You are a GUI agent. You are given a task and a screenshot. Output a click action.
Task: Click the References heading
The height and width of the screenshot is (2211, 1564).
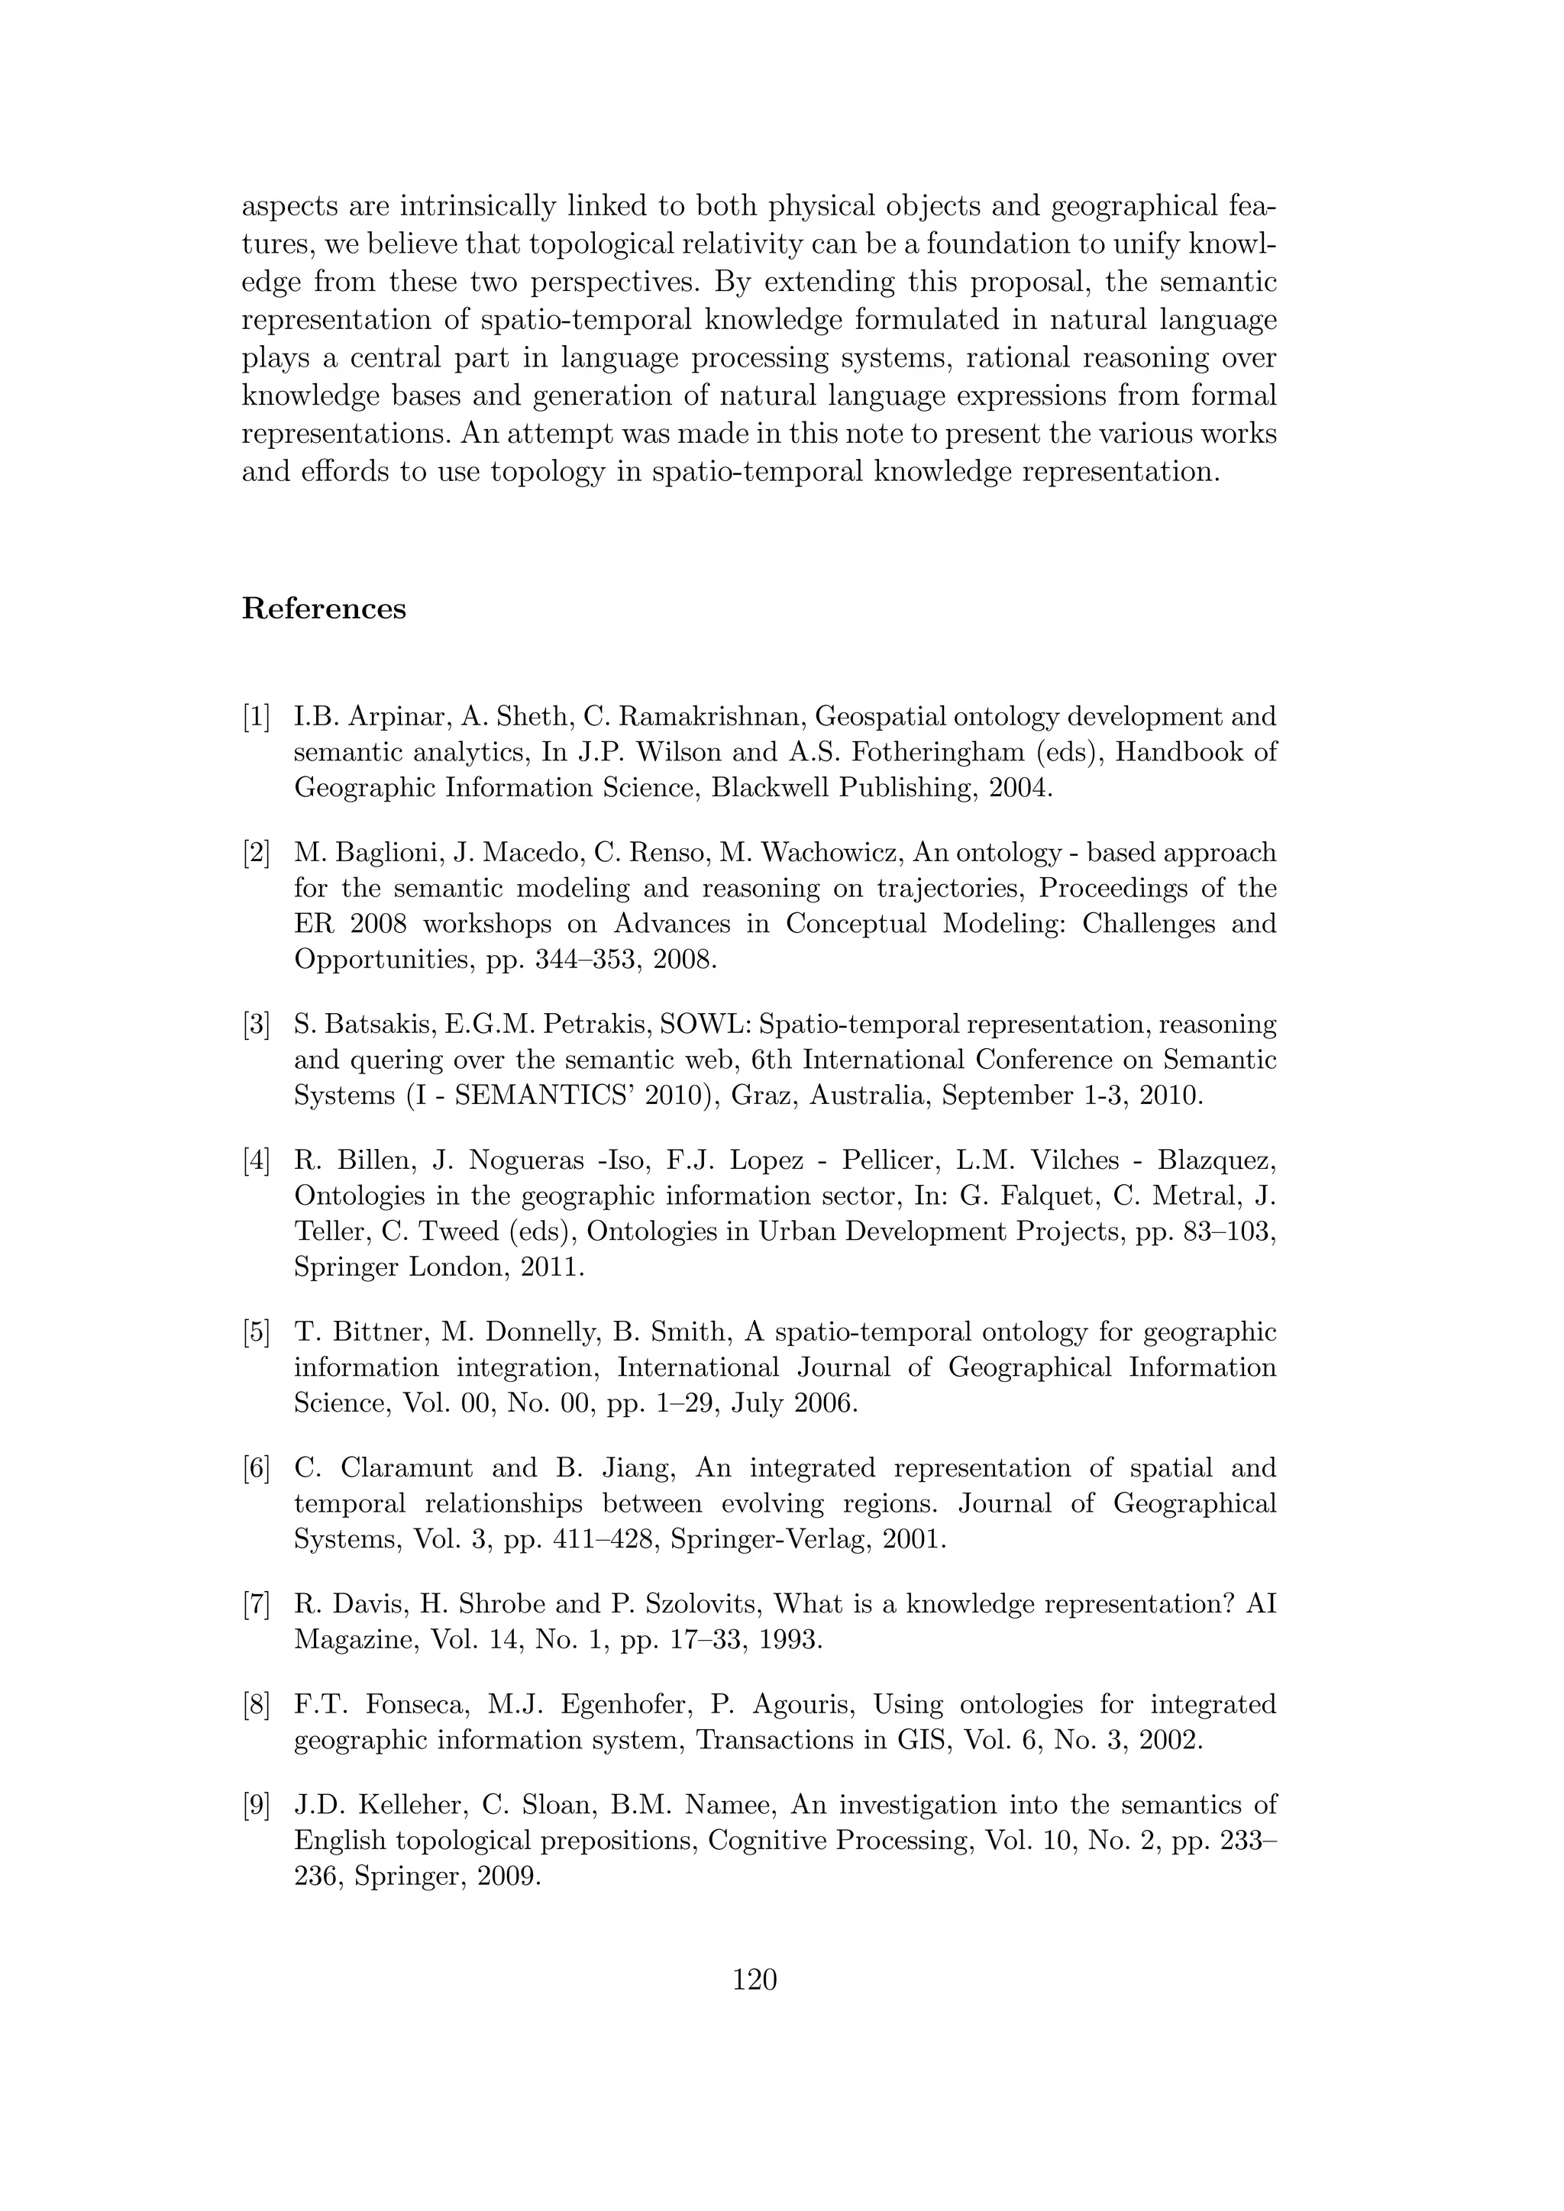coord(324,608)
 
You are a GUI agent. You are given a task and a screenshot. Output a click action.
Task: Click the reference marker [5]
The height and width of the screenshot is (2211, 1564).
coord(256,1331)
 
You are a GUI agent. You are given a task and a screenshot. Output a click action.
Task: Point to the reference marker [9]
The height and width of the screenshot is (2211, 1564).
coord(256,1805)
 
